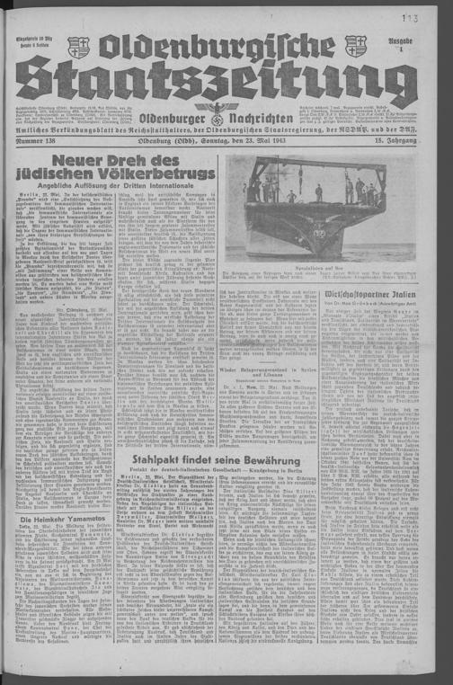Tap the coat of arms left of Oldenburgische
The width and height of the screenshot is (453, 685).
(x=79, y=47)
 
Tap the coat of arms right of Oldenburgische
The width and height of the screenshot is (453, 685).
(x=356, y=46)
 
